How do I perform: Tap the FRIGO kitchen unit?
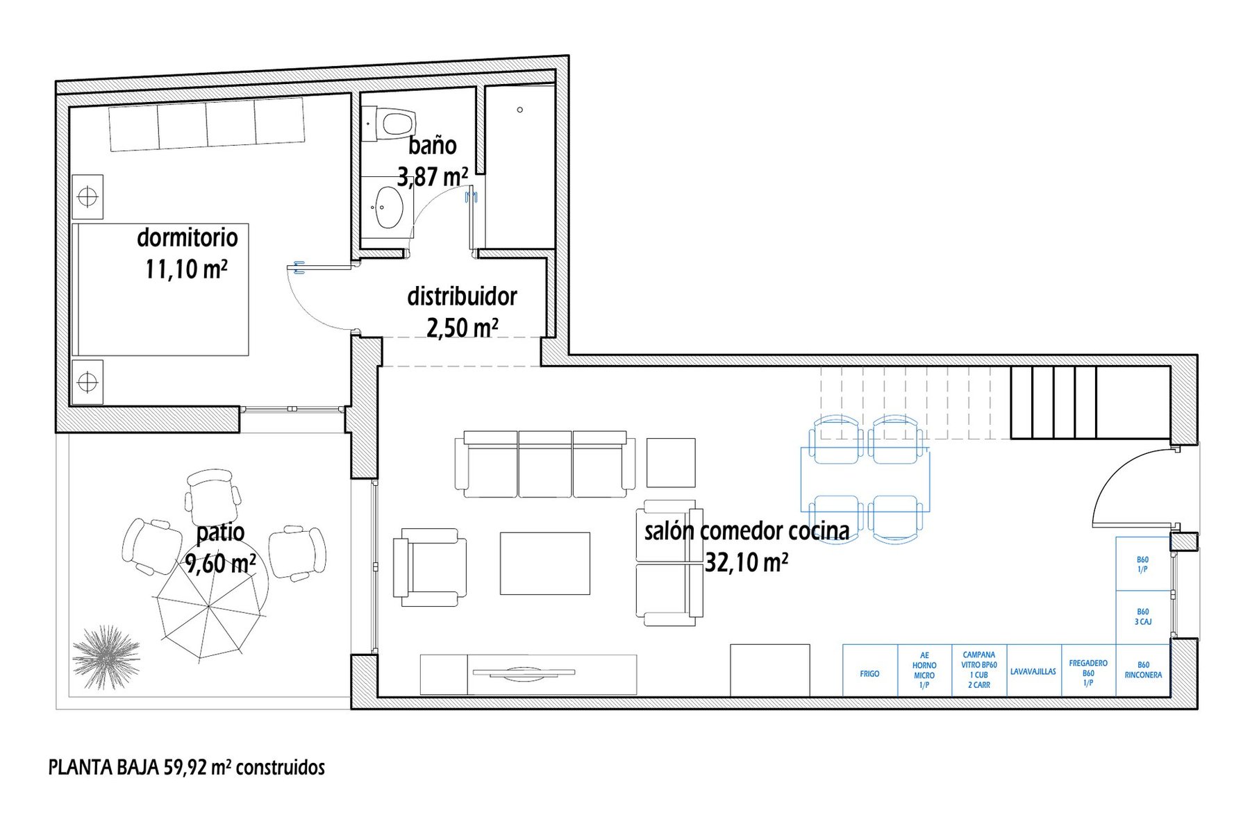tap(870, 671)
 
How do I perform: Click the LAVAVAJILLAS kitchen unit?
tap(1033, 671)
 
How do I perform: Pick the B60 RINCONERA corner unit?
tap(1143, 671)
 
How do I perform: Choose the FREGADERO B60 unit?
tap(1088, 671)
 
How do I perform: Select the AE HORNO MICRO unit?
tap(924, 671)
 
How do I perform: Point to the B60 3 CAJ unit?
tap(1143, 617)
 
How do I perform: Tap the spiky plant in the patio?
tap(106, 657)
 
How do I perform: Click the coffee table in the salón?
tap(545, 563)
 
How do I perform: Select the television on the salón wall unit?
tap(524, 672)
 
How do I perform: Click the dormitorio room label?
tap(187, 237)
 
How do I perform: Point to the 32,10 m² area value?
tap(747, 562)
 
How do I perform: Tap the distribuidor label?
tap(462, 296)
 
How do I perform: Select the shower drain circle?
tap(519, 110)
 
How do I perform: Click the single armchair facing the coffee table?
tap(429, 567)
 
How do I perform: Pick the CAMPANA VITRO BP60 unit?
tap(979, 671)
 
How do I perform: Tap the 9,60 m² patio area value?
tap(220, 563)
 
